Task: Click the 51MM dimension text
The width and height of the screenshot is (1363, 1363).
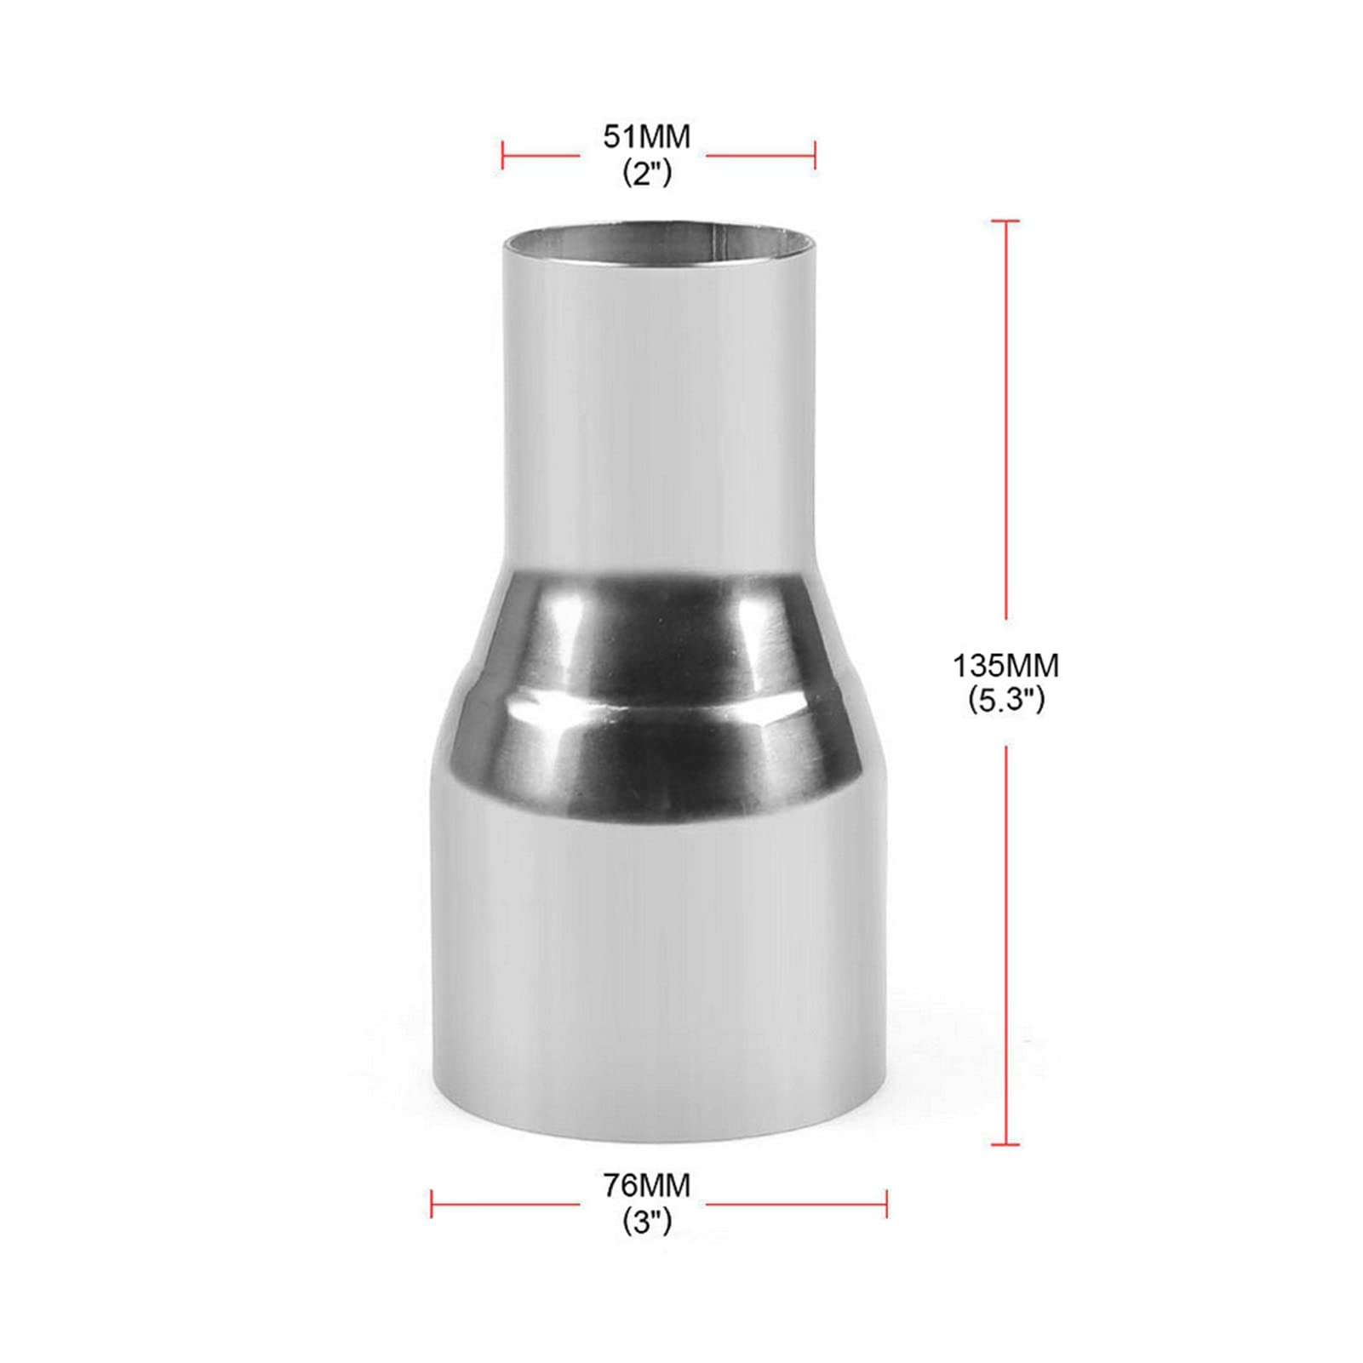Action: click(647, 137)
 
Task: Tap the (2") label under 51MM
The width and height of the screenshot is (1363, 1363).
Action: click(647, 173)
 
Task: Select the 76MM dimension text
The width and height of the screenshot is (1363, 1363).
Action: click(647, 1185)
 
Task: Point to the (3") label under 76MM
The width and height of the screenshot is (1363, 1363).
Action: click(647, 1222)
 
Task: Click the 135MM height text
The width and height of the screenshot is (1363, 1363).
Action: click(1005, 664)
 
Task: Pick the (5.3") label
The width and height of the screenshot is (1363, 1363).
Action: click(1005, 700)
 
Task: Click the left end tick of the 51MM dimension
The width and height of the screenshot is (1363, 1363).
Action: click(502, 155)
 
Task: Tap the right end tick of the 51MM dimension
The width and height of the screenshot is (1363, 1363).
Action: click(816, 155)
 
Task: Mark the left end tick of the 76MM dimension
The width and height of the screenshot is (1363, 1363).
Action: click(432, 1204)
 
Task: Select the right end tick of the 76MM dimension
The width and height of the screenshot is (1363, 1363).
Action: click(886, 1204)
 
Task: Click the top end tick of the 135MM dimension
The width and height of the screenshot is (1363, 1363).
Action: click(1005, 220)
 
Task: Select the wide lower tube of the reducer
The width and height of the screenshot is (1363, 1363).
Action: click(658, 954)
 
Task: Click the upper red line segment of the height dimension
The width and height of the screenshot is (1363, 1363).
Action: click(1005, 417)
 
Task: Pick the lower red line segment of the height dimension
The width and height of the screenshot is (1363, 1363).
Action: click(1005, 945)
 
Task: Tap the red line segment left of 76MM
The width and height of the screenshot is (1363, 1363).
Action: click(507, 1204)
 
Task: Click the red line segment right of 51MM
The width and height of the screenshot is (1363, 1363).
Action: click(759, 155)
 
